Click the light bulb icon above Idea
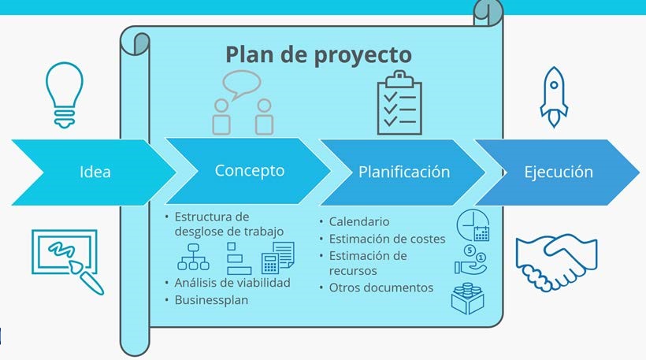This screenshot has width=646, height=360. click(65, 95)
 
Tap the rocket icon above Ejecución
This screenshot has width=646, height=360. click(554, 97)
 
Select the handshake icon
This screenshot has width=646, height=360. click(556, 262)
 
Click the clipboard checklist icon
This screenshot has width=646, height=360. click(399, 103)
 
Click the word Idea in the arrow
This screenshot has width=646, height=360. click(95, 172)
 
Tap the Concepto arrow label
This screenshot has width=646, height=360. click(250, 170)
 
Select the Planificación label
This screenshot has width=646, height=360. click(404, 172)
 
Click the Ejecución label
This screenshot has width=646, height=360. click(559, 172)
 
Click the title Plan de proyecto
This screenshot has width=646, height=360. click(318, 55)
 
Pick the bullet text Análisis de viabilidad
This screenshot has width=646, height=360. click(232, 283)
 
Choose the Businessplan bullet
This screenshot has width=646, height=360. click(211, 300)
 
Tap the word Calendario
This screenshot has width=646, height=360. click(358, 221)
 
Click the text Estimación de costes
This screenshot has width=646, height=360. click(387, 239)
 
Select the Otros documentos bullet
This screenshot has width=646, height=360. click(381, 288)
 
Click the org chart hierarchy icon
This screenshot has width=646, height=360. click(193, 257)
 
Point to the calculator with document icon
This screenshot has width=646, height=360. click(278, 258)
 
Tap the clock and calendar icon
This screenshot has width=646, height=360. click(473, 226)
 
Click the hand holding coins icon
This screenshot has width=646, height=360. click(471, 260)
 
